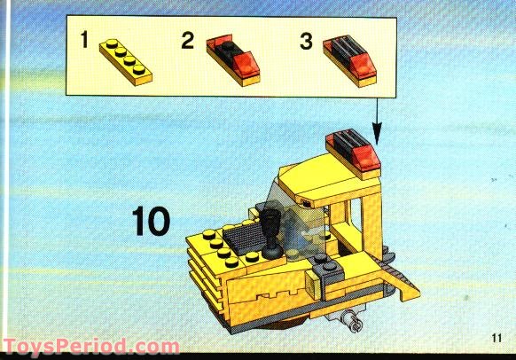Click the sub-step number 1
[85, 40]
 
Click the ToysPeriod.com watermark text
[90, 347]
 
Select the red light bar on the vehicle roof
[353, 150]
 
